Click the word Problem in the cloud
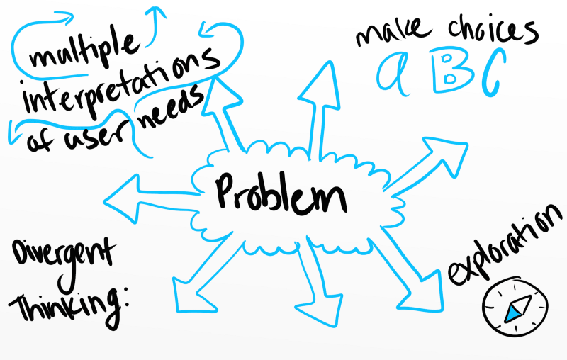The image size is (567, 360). pos(280,193)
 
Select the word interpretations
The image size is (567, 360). pos(121,82)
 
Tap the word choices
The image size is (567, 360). pos(493,30)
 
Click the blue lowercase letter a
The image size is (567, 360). pos(393,74)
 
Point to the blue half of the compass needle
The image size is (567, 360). pos(512,314)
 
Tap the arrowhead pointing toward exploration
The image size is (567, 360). pos(420,291)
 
